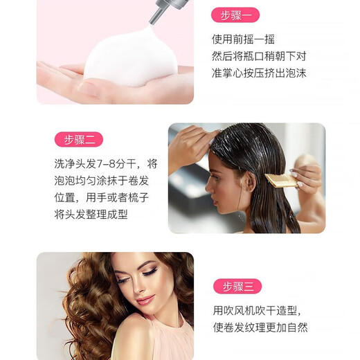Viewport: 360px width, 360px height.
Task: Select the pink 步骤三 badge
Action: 237,286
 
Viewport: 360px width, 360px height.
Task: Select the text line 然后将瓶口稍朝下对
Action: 258,55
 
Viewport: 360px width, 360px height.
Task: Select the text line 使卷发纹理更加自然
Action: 260,327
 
